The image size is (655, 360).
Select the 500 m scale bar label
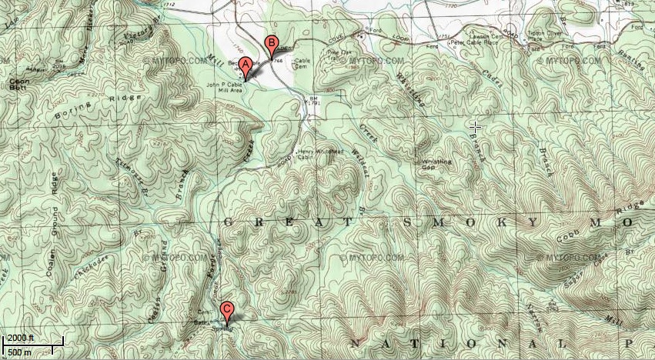click(17, 351)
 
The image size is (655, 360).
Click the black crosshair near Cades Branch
click(475, 126)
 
